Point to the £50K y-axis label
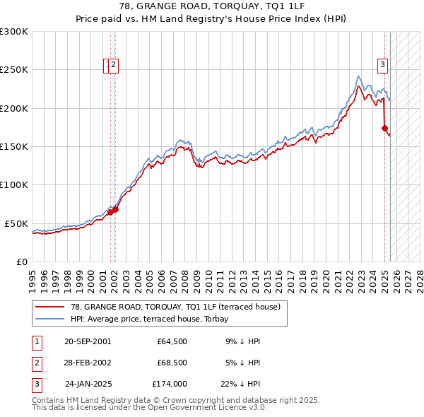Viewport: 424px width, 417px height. click(16, 223)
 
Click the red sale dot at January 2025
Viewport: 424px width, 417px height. click(384, 129)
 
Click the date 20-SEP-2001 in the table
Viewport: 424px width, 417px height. click(88, 341)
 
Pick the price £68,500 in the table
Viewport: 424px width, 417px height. click(172, 363)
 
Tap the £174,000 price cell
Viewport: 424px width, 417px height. click(170, 384)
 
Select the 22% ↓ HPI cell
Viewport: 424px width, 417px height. click(240, 384)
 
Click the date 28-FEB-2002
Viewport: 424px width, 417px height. click(88, 363)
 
